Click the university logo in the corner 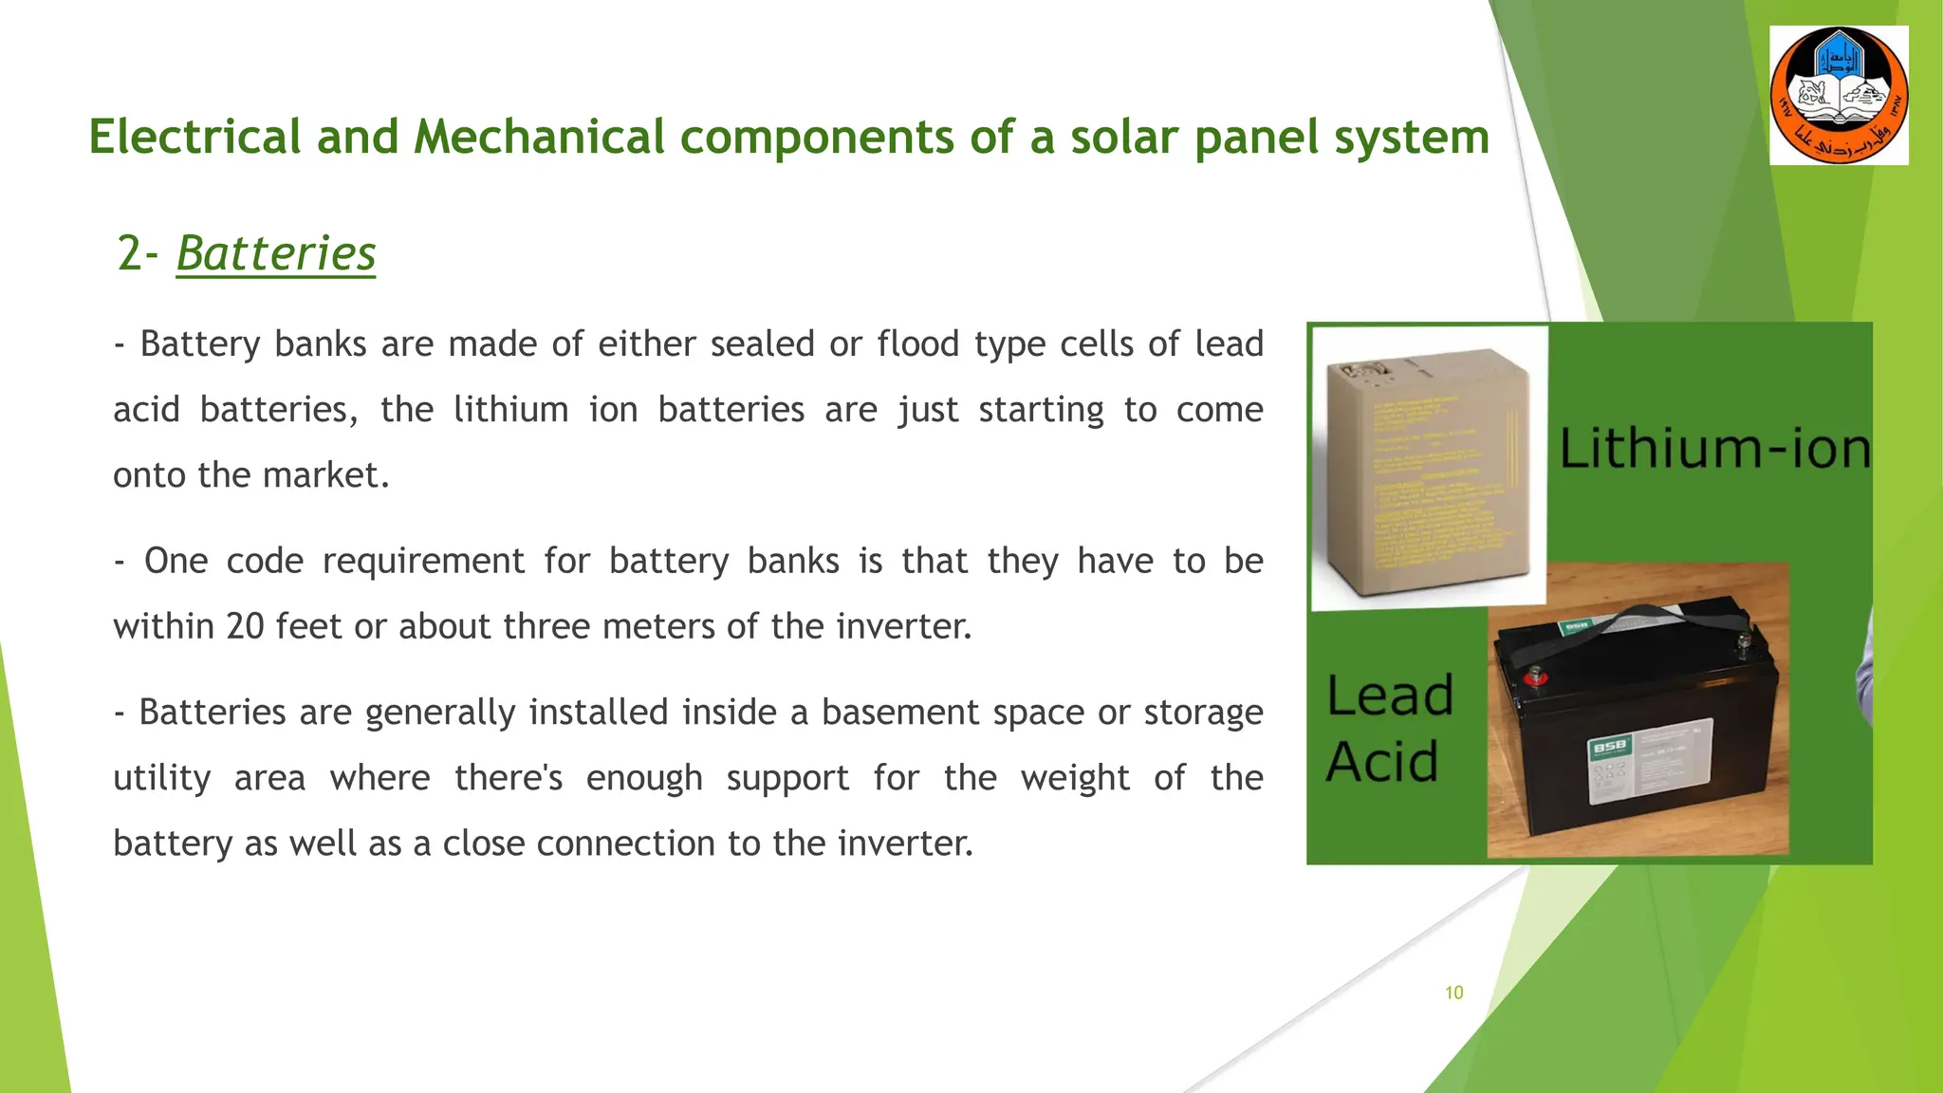(x=1839, y=96)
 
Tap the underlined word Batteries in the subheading (x=276, y=253)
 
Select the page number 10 (x=1453, y=992)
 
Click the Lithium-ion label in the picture (x=1714, y=448)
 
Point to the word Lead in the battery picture (x=1390, y=695)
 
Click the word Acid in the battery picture (x=1382, y=762)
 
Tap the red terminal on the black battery (x=1534, y=676)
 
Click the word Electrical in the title (x=195, y=137)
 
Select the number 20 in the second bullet (x=245, y=626)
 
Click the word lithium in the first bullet (x=510, y=410)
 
